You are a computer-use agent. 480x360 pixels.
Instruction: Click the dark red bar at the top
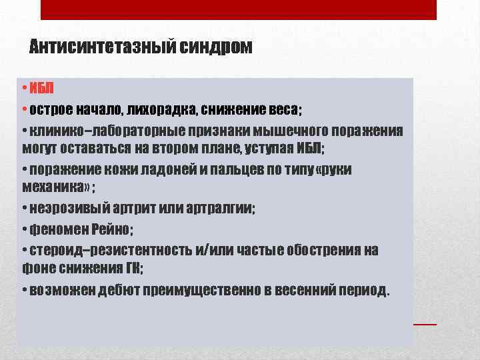point(239,9)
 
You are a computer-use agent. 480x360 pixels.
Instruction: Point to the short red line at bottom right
point(425,323)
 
